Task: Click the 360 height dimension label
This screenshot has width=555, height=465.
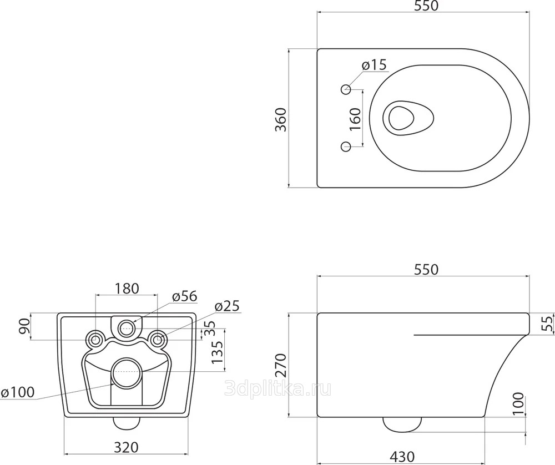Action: [x=281, y=119]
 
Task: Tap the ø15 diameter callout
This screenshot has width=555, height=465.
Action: [x=374, y=65]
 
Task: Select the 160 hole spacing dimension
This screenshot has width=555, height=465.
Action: [x=355, y=119]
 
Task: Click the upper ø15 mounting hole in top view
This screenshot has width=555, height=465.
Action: [x=346, y=89]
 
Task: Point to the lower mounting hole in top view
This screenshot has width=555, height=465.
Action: [x=346, y=146]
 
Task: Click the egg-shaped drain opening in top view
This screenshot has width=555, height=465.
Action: [x=408, y=118]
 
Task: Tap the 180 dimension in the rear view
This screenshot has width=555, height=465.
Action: [x=127, y=289]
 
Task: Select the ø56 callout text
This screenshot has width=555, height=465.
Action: [x=184, y=296]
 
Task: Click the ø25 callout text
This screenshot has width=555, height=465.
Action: [x=227, y=306]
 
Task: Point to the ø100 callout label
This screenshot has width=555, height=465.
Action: [x=18, y=392]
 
